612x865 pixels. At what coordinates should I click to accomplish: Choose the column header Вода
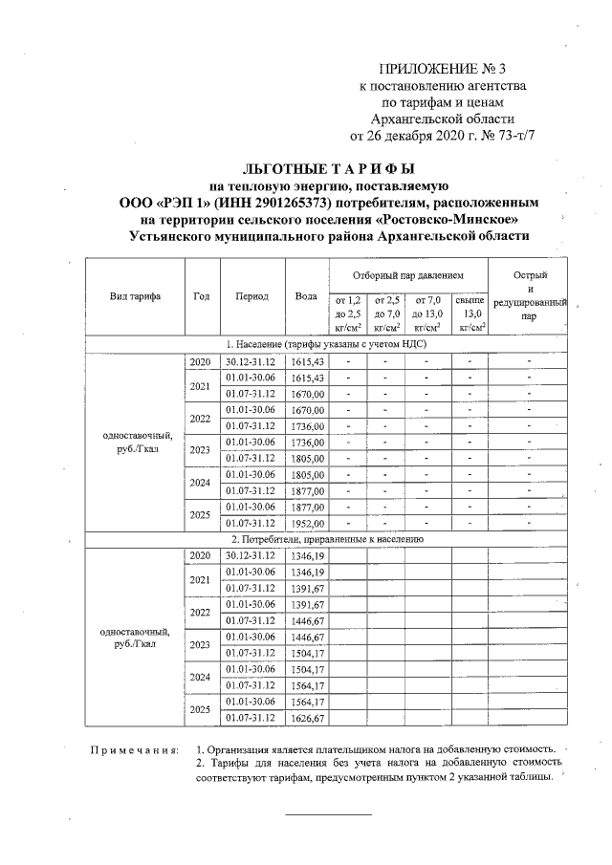pyautogui.click(x=306, y=296)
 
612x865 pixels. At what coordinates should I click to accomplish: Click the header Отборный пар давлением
pyautogui.click(x=406, y=274)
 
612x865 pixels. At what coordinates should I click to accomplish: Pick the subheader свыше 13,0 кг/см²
pyautogui.click(x=470, y=313)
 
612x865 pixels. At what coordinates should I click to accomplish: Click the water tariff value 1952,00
pyautogui.click(x=307, y=524)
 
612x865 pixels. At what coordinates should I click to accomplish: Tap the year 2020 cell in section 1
pyautogui.click(x=200, y=361)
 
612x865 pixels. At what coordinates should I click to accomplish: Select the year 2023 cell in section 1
pyautogui.click(x=200, y=450)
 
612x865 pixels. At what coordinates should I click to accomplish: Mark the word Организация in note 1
pyautogui.click(x=244, y=749)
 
